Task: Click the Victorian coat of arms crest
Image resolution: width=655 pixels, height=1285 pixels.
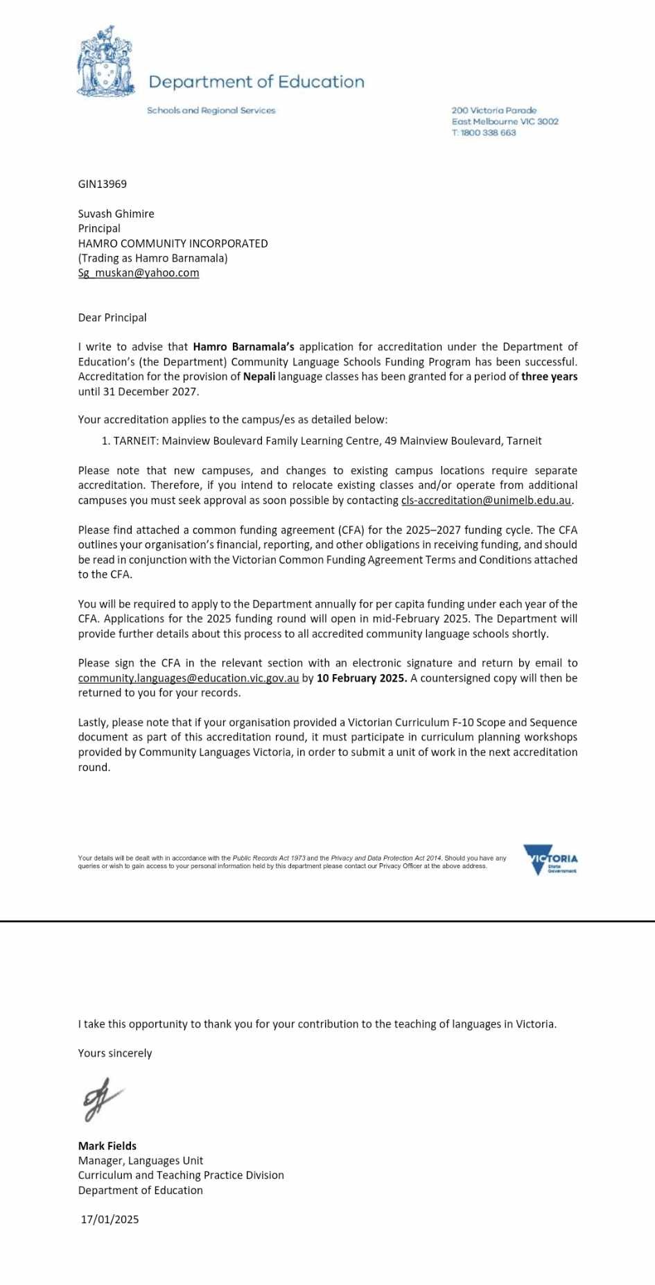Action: tap(105, 62)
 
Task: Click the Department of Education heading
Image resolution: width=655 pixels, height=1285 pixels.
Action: tap(256, 82)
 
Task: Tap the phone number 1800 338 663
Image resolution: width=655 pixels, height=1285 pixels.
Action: tap(488, 132)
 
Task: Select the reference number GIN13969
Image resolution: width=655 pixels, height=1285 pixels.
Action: tap(102, 184)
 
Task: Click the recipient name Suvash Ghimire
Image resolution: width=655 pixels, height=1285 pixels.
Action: tap(116, 214)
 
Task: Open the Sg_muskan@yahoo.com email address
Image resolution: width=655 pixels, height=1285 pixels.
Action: tap(139, 273)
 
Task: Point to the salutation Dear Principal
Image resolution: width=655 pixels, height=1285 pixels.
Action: tap(112, 318)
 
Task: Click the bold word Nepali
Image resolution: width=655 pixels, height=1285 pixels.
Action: tap(259, 377)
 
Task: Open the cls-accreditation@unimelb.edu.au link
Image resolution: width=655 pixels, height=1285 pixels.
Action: tap(486, 501)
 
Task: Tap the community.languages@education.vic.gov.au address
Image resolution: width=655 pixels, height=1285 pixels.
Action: tap(188, 678)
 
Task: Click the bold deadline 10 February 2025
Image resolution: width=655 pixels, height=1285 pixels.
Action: tap(361, 678)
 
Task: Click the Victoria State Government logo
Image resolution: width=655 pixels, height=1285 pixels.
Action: tap(550, 859)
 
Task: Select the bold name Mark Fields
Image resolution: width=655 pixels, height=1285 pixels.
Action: tap(107, 1146)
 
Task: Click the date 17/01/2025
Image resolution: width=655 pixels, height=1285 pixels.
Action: tap(110, 1219)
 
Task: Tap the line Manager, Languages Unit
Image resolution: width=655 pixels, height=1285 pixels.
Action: tap(141, 1160)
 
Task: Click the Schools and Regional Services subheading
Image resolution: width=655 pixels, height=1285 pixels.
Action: tap(211, 110)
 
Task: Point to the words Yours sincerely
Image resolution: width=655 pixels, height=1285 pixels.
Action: tap(115, 1053)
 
